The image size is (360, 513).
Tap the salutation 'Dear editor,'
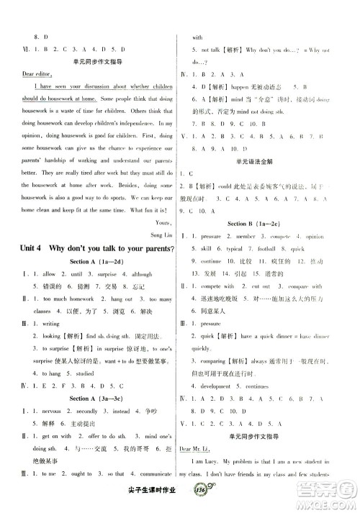(x=39, y=73)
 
